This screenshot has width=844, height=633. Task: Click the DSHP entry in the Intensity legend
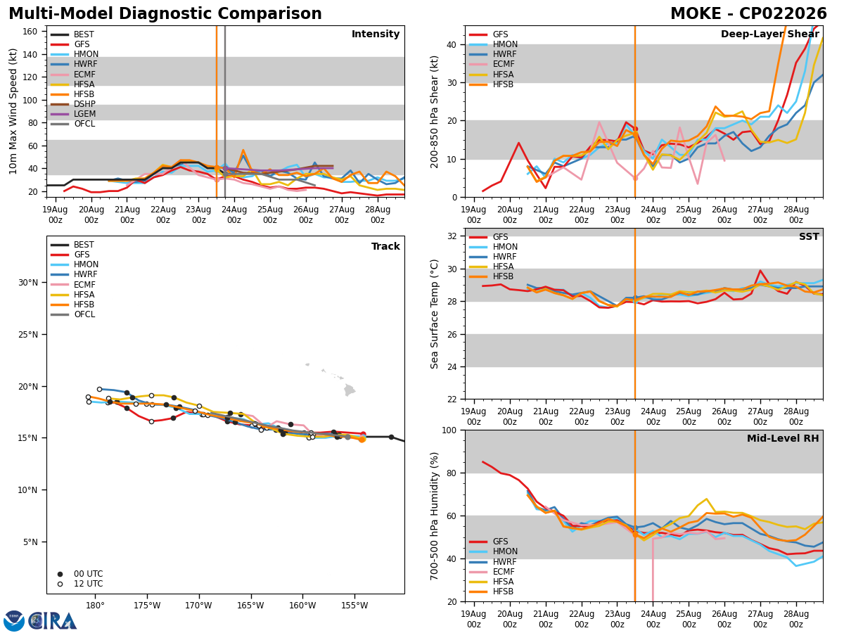pos(73,104)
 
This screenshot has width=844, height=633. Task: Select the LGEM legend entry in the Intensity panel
pos(73,114)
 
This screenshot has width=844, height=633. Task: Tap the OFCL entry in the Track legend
pos(73,314)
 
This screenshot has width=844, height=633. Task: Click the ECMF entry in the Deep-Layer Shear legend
pos(492,64)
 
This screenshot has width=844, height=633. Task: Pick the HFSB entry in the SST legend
pos(492,276)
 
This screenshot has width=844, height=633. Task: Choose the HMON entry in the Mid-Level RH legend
pos(493,551)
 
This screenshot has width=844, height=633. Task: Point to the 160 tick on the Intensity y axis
pos(30,32)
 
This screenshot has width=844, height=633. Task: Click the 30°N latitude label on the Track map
pos(28,283)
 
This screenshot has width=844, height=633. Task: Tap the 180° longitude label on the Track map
pos(95,606)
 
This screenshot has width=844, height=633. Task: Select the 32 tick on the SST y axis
pos(452,236)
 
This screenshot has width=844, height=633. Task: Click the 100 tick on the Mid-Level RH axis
pos(450,430)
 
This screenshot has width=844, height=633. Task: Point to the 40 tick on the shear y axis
pos(452,44)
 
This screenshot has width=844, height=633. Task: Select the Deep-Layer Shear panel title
pos(769,34)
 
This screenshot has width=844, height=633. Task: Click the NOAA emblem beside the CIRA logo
pos(14,620)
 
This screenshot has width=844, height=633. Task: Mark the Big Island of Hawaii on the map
pos(349,390)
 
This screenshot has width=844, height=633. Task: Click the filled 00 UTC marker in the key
pos(60,574)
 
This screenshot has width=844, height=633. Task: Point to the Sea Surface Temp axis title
pos(434,314)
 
